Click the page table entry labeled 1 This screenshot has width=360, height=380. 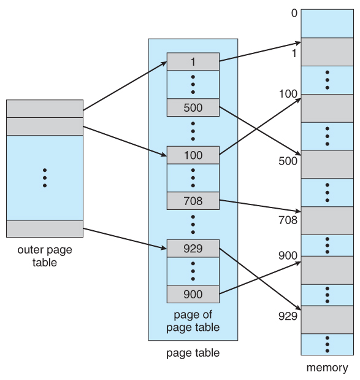click(x=193, y=61)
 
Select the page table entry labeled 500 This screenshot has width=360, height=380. click(x=193, y=107)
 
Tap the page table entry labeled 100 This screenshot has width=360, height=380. click(x=193, y=155)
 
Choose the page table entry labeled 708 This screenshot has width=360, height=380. click(x=193, y=200)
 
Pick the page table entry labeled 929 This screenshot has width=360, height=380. click(x=193, y=248)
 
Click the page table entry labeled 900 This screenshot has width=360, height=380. click(x=193, y=294)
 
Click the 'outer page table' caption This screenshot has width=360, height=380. click(x=44, y=256)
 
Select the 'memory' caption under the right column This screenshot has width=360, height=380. click(x=326, y=368)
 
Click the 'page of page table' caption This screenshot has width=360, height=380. click(x=193, y=320)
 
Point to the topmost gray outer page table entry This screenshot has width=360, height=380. click(x=44, y=108)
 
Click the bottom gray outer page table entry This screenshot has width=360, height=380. click(x=44, y=228)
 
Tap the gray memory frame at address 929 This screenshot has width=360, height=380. click(x=326, y=319)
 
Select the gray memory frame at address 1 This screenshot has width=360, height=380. click(x=326, y=52)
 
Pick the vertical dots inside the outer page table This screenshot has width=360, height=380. click(x=44, y=177)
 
